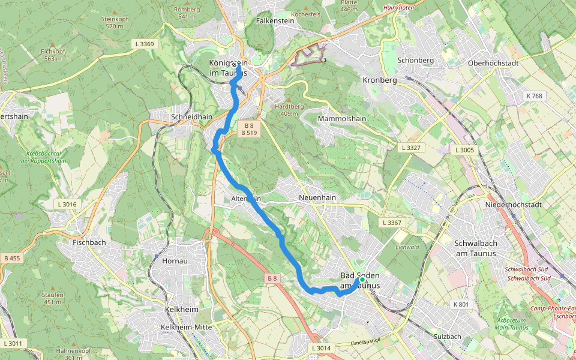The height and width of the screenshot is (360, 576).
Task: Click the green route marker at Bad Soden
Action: (362, 280)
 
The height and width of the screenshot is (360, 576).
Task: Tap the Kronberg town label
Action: (380, 80)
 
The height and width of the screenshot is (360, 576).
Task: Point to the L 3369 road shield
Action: (144, 44)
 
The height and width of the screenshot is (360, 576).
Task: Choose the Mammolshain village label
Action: (341, 119)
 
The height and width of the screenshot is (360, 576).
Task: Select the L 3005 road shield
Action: (465, 150)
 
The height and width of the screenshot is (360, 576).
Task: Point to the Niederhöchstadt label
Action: (514, 205)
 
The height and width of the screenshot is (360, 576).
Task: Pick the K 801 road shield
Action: (461, 304)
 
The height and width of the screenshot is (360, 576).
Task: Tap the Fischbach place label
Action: (89, 243)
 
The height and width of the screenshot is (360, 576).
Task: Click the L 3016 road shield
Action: (67, 205)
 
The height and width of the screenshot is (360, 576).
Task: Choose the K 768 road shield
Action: (533, 96)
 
